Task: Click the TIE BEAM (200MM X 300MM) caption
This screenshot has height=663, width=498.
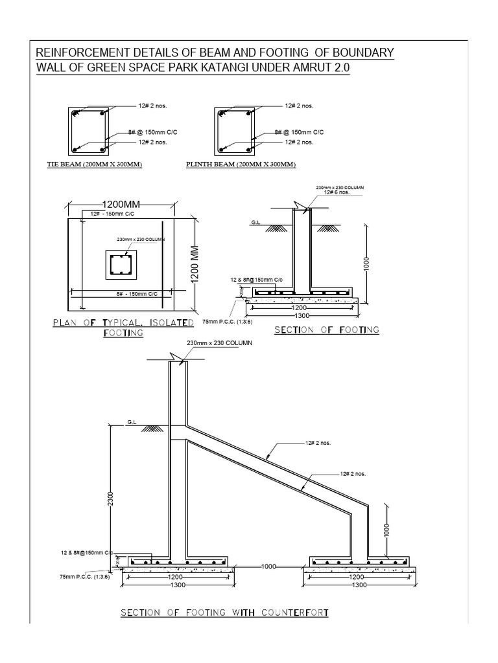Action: click(95, 164)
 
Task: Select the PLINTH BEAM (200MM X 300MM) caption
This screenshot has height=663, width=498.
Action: click(240, 164)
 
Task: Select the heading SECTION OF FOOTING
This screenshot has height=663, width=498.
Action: click(327, 330)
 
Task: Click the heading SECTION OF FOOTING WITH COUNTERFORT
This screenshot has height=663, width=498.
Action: click(224, 612)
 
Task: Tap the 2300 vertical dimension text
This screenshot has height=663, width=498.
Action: click(111, 499)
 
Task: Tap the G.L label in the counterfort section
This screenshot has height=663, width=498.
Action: click(132, 422)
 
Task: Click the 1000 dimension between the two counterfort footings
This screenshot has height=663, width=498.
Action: click(269, 567)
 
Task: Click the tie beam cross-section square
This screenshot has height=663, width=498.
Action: click(89, 131)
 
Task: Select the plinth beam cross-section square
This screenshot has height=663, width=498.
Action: click(234, 131)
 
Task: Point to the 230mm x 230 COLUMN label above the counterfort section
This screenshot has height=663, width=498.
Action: click(219, 343)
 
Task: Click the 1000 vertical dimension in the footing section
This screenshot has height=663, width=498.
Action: click(366, 265)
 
